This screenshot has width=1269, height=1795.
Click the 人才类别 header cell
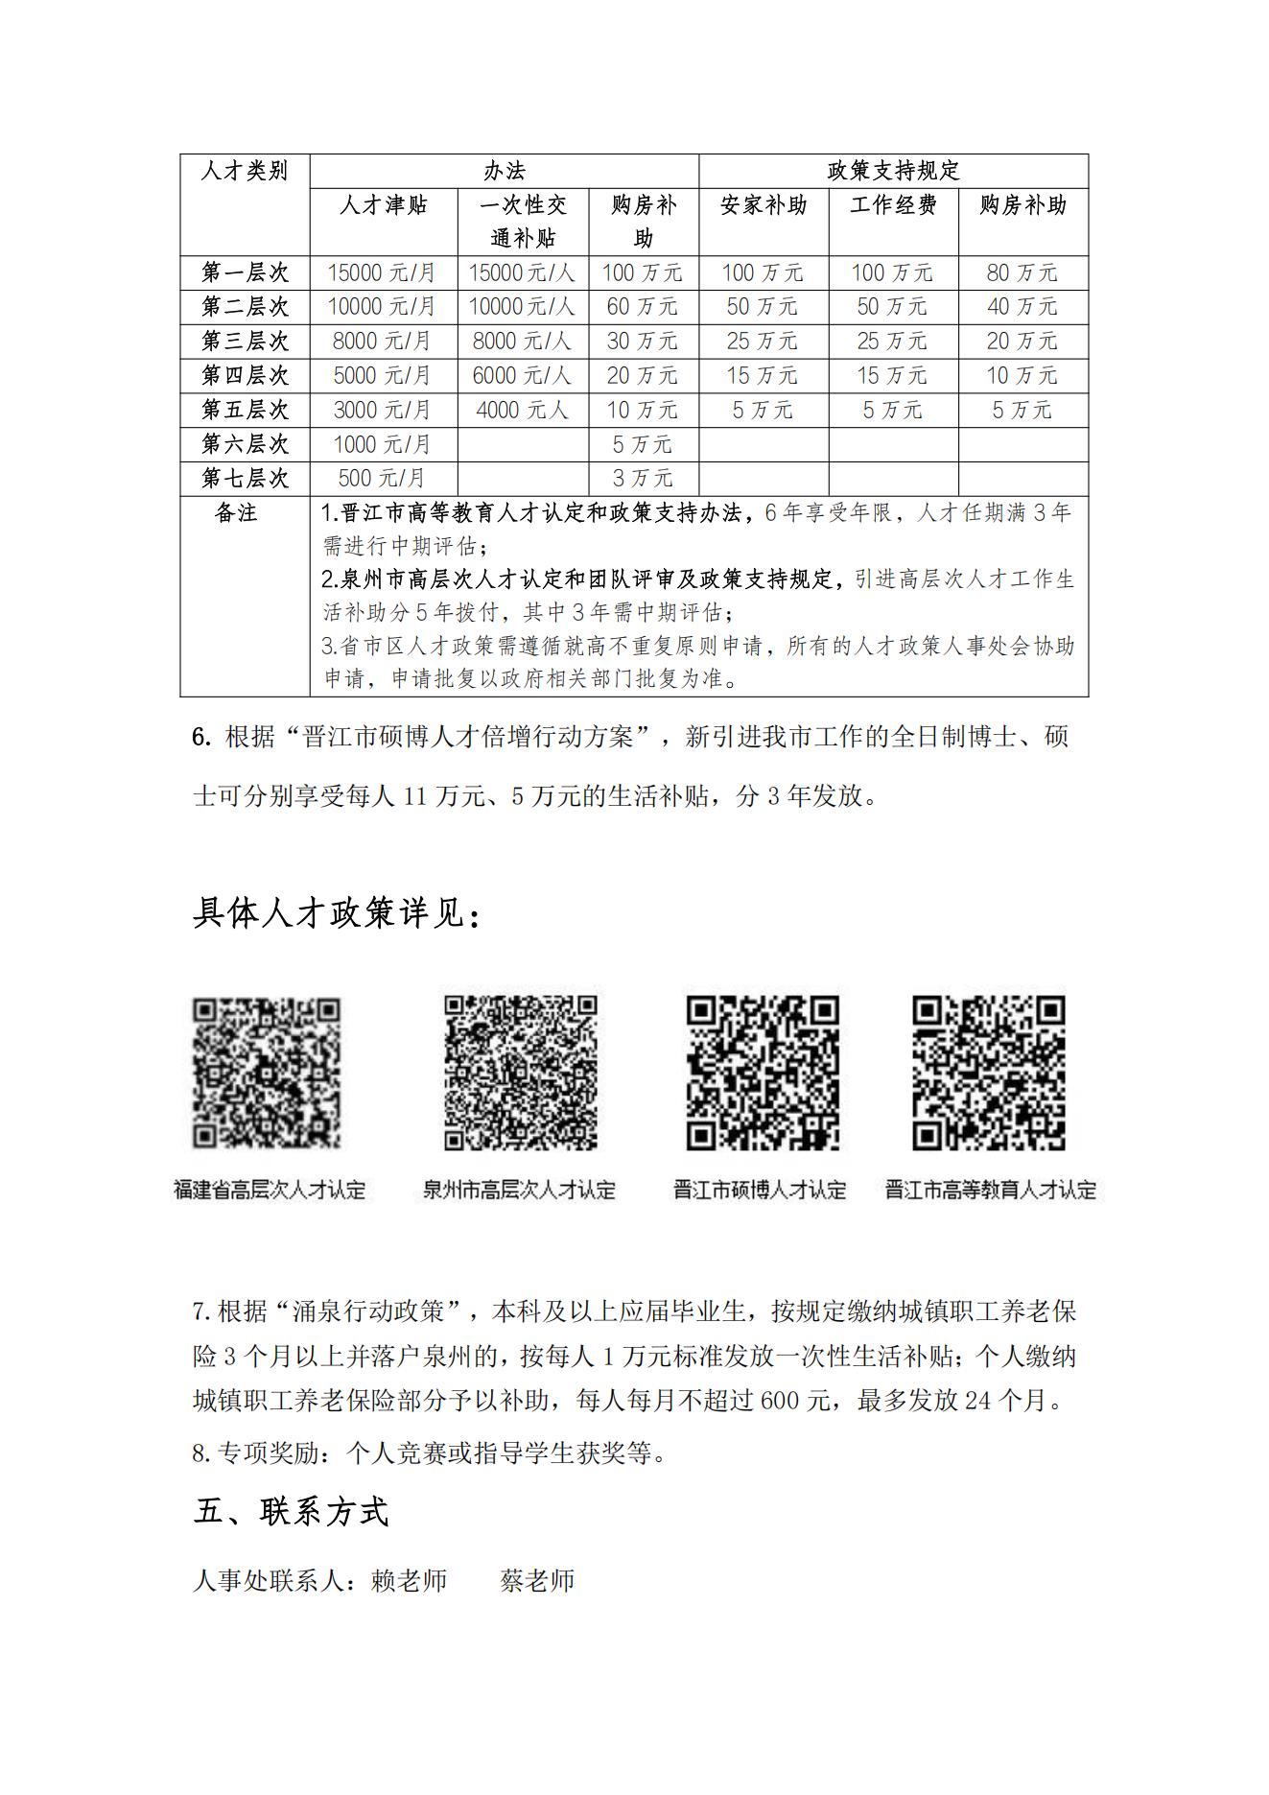245,172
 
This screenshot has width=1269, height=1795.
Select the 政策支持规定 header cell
893,172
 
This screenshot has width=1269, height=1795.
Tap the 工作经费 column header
893,205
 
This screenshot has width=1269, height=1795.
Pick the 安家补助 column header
764,205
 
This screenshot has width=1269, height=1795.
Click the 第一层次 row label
245,272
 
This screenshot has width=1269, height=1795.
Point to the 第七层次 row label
245,478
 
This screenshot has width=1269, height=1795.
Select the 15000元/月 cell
383,272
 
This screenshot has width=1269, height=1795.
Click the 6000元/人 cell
522,375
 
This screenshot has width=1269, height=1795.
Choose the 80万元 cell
1022,272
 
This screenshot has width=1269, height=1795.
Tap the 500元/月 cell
383,478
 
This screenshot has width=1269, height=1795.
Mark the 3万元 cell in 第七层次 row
643,478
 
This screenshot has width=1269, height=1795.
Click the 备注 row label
236,513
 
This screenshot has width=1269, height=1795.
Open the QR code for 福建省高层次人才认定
268,1073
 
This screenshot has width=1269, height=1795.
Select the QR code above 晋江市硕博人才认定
763,1073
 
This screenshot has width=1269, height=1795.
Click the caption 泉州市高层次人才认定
519,1191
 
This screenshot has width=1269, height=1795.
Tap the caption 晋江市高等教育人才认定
990,1191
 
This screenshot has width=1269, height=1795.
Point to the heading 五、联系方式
292,1512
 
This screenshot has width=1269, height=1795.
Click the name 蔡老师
537,1581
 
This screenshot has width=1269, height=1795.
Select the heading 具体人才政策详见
336,914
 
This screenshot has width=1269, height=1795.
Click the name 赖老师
410,1581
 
